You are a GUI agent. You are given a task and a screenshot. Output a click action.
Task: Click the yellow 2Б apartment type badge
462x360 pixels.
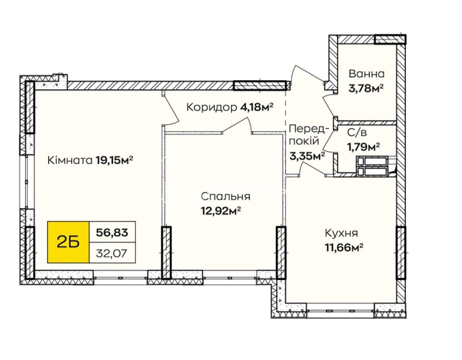(68, 242)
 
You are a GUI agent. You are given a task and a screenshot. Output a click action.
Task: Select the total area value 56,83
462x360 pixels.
(112, 232)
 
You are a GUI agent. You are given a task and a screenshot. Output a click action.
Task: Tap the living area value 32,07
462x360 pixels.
(112, 253)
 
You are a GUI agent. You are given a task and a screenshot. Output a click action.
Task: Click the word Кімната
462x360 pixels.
(70, 161)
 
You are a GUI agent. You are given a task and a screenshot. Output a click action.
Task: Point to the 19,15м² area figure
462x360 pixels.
(114, 161)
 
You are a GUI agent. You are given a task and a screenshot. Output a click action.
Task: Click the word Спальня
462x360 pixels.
(226, 197)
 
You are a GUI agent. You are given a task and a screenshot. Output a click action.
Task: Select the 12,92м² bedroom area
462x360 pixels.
(221, 211)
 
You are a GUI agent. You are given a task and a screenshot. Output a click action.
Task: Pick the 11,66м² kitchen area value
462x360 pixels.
(344, 247)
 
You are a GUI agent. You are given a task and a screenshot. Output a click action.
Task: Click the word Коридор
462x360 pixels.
(212, 108)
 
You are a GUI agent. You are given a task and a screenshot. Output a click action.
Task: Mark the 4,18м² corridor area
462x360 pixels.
(256, 107)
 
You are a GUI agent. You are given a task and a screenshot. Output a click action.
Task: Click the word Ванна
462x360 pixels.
(367, 74)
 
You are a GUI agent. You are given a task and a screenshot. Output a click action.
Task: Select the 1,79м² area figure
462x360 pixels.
(363, 146)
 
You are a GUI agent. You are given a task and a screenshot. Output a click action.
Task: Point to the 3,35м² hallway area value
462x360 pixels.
(307, 157)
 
